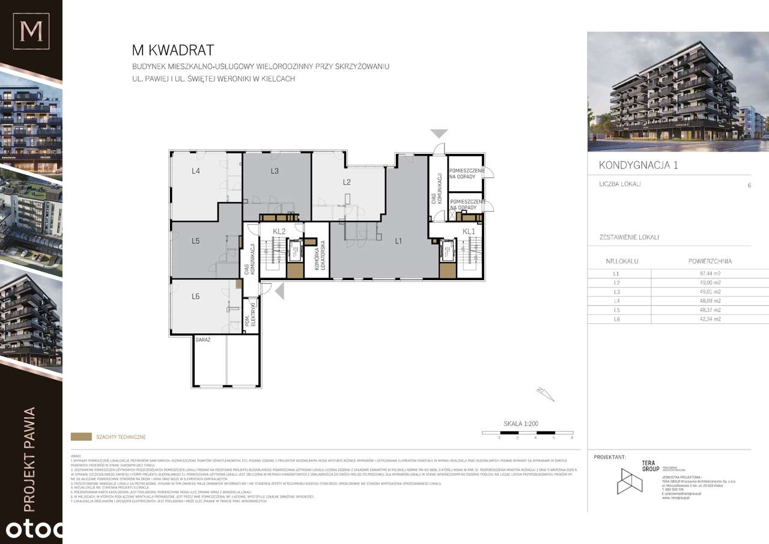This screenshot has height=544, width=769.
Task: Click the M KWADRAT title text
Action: click(172, 50)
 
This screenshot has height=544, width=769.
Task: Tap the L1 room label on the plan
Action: click(398, 241)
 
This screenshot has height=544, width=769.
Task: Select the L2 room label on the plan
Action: click(347, 182)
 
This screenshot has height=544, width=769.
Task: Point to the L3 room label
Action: click(275, 171)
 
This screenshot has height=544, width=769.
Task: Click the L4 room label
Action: click(196, 171)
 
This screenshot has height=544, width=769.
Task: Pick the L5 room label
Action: click(196, 241)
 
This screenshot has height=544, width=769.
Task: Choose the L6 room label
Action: click(196, 296)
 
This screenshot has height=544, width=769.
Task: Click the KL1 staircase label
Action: click(469, 231)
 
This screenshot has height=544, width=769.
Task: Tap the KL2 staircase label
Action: click(278, 231)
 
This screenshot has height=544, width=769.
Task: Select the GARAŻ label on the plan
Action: click(202, 340)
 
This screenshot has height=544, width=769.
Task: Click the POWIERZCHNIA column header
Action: click(710, 261)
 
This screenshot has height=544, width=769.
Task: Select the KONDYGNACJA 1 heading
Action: click(638, 165)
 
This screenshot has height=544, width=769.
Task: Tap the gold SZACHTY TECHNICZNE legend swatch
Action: click(81, 437)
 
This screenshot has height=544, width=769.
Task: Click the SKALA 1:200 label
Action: click(520, 424)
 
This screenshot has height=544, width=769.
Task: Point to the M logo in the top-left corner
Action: click(31, 31)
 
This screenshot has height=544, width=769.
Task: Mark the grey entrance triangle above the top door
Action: click(439, 133)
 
